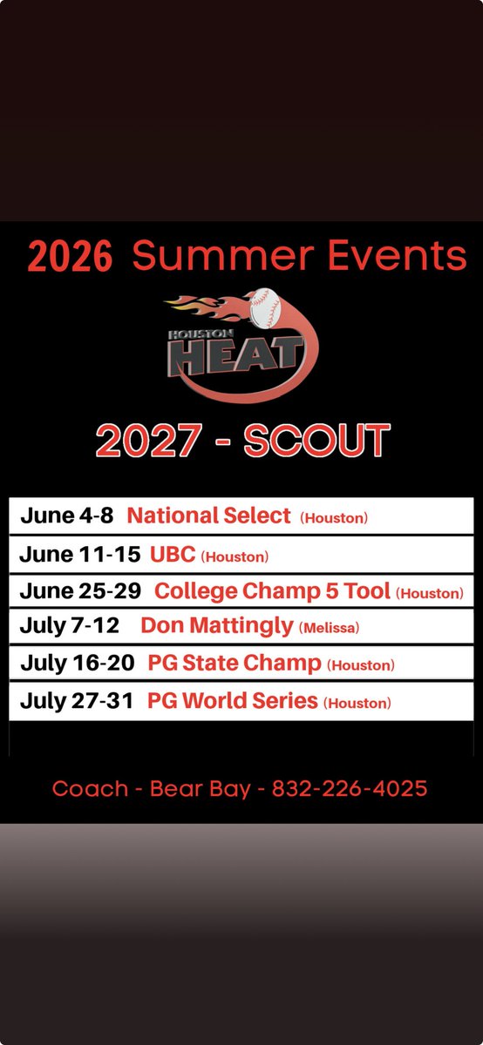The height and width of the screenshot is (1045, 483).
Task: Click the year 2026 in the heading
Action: pyautogui.click(x=70, y=256)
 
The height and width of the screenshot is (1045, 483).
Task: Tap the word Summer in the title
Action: pyautogui.click(x=223, y=254)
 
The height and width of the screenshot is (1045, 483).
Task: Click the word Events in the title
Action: pyautogui.click(x=397, y=254)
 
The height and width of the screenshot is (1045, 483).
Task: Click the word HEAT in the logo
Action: pyautogui.click(x=236, y=356)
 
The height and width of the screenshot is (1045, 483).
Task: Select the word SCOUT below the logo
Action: pyautogui.click(x=316, y=440)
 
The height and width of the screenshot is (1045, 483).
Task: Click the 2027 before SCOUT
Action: pyautogui.click(x=148, y=440)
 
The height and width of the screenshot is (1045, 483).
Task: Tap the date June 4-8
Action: pyautogui.click(x=67, y=516)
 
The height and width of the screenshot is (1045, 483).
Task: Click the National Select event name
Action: pyautogui.click(x=208, y=516)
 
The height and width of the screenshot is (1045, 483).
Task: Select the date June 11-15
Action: pyautogui.click(x=80, y=554)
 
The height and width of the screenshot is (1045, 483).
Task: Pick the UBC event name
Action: pyautogui.click(x=173, y=554)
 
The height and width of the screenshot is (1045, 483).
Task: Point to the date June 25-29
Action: pyautogui.click(x=80, y=590)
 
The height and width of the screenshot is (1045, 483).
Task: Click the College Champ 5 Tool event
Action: pyautogui.click(x=272, y=591)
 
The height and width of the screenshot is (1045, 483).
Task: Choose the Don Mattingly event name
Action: pyautogui.click(x=217, y=626)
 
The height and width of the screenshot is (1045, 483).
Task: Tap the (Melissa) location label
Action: pyautogui.click(x=330, y=628)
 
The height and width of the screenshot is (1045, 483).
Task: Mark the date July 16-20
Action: pyautogui.click(x=78, y=663)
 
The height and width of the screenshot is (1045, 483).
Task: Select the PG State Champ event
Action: pyautogui.click(x=235, y=664)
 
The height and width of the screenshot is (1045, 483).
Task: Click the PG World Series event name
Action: pyautogui.click(x=233, y=701)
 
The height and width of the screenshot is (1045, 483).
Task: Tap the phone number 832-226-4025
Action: pyautogui.click(x=350, y=788)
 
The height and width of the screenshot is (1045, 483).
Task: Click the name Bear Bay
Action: pyautogui.click(x=201, y=789)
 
